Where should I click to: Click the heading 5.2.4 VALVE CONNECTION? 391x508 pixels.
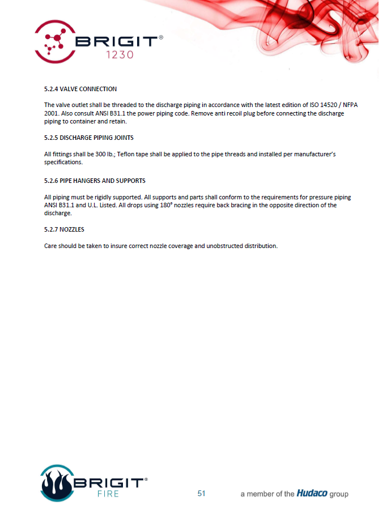pyautogui.click(x=80, y=89)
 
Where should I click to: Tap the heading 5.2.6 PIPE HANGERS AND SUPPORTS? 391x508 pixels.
pyautogui.click(x=95, y=181)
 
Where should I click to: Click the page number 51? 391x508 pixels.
pyautogui.click(x=201, y=493)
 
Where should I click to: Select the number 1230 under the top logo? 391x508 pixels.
pyautogui.click(x=120, y=55)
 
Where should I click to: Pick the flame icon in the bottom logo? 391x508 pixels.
pyautogui.click(x=56, y=484)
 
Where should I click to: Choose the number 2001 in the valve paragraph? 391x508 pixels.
pyautogui.click(x=52, y=113)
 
